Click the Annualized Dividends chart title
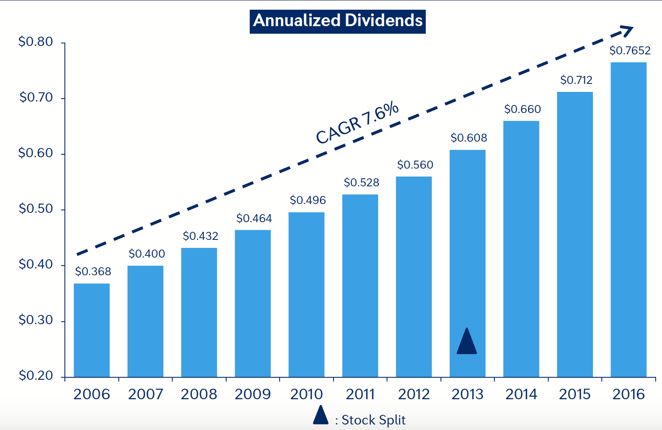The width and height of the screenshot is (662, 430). [x=337, y=21]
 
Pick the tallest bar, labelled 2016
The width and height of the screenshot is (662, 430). [x=628, y=219]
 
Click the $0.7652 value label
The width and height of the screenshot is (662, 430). [x=630, y=51]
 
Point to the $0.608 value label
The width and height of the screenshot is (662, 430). [x=468, y=138]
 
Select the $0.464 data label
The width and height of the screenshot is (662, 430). [x=254, y=218]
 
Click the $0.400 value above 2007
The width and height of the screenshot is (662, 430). [x=147, y=254]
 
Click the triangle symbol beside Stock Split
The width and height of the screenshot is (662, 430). [x=320, y=415]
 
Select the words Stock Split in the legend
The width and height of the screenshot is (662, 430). [x=373, y=420]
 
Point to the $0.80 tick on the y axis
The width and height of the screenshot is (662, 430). [x=36, y=42]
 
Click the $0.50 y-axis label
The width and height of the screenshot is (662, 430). [x=36, y=209]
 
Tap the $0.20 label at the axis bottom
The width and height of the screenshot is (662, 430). [x=36, y=376]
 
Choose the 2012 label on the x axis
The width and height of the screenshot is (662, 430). [x=414, y=395]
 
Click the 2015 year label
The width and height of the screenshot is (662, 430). [x=574, y=395]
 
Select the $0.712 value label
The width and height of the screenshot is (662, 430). [x=576, y=80]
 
